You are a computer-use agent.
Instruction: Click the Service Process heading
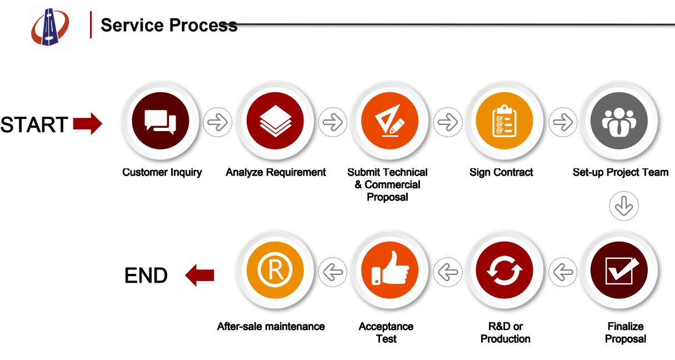pos(169,26)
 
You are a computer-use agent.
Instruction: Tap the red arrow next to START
pos(87,123)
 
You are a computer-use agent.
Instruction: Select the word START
pos(34,124)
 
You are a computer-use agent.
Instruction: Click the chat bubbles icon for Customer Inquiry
pos(159,121)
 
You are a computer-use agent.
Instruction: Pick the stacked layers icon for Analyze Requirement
pos(276,121)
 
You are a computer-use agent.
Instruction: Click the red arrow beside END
pos(199,275)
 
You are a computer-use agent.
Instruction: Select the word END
pos(146,276)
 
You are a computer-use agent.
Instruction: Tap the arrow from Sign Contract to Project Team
pos(563,123)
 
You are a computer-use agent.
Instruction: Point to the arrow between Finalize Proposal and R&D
pos(563,272)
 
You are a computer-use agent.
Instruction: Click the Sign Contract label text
pos(501,172)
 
